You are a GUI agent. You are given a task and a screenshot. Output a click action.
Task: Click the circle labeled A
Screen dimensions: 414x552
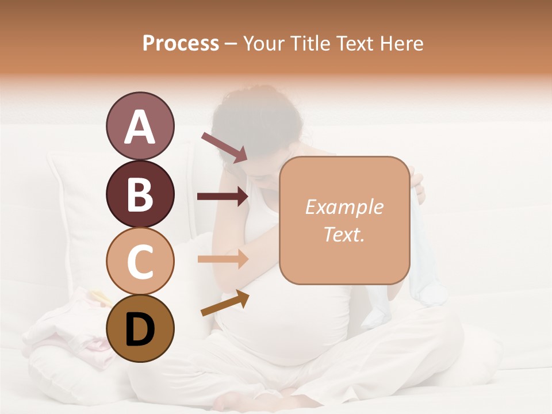pos(140,126)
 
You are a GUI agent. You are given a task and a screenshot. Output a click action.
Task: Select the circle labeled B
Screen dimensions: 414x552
pos(140,194)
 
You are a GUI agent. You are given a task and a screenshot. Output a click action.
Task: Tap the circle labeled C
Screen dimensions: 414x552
pos(140,262)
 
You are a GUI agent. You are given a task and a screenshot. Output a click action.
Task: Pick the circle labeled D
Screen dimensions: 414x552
pos(140,328)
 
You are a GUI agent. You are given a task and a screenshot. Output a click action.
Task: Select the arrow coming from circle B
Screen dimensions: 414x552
pos(223,197)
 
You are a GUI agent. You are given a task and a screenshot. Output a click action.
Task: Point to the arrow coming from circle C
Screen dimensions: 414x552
pos(223,259)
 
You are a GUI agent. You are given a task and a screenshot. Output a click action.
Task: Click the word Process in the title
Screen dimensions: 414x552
pos(181,43)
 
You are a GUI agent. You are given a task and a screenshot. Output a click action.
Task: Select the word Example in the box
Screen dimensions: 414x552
pos(344,207)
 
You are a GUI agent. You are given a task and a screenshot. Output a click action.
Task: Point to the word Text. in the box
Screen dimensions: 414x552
pos(344,234)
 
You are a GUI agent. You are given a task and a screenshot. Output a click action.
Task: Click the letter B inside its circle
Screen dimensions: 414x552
pos(140,194)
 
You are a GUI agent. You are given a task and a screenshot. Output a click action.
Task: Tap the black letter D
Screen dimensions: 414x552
pos(140,329)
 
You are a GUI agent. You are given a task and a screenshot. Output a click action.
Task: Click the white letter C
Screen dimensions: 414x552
pos(140,262)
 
